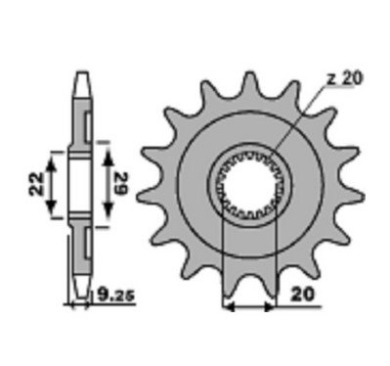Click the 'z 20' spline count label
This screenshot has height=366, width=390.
(x=344, y=79)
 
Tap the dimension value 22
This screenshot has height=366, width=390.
(x=36, y=184)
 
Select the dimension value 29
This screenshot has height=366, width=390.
(x=121, y=184)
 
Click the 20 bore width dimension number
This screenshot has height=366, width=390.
(x=303, y=295)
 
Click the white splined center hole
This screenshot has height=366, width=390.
(x=249, y=185)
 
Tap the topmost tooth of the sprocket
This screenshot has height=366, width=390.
(x=250, y=81)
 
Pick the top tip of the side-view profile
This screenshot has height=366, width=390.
(x=81, y=71)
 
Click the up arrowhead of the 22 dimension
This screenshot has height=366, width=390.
(x=50, y=162)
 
